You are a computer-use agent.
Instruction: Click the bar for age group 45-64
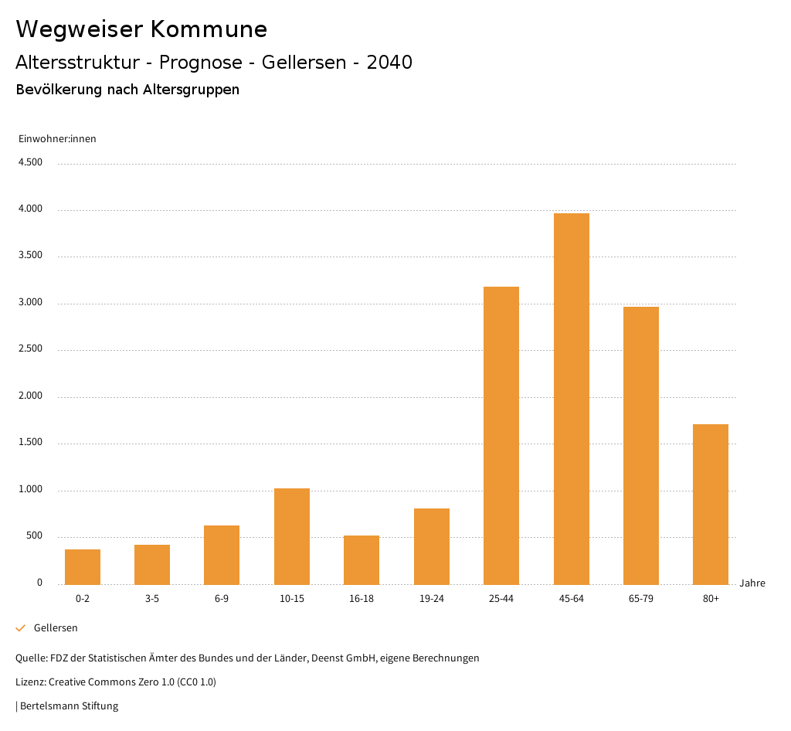click(571, 399)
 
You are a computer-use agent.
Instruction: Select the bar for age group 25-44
click(501, 435)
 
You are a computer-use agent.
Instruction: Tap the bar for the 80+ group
click(711, 504)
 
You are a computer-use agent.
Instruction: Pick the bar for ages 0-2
click(83, 566)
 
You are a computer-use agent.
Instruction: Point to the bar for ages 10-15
click(292, 536)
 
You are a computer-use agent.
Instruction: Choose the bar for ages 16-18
click(362, 559)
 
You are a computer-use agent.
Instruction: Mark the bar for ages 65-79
click(641, 445)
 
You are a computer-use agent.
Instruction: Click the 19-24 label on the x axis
click(432, 599)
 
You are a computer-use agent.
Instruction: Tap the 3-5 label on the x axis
click(152, 599)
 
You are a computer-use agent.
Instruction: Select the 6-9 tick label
click(222, 599)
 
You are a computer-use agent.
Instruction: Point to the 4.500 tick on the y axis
click(30, 162)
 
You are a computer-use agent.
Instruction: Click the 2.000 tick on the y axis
click(30, 396)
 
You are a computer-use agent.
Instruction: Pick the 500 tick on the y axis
click(34, 536)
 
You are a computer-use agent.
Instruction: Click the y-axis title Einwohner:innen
click(57, 139)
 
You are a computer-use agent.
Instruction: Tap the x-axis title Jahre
click(752, 583)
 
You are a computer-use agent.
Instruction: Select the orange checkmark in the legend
click(21, 628)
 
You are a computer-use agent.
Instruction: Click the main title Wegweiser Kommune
click(141, 29)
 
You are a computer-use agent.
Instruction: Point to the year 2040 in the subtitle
click(389, 63)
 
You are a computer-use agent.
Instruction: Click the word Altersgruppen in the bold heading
click(191, 90)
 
